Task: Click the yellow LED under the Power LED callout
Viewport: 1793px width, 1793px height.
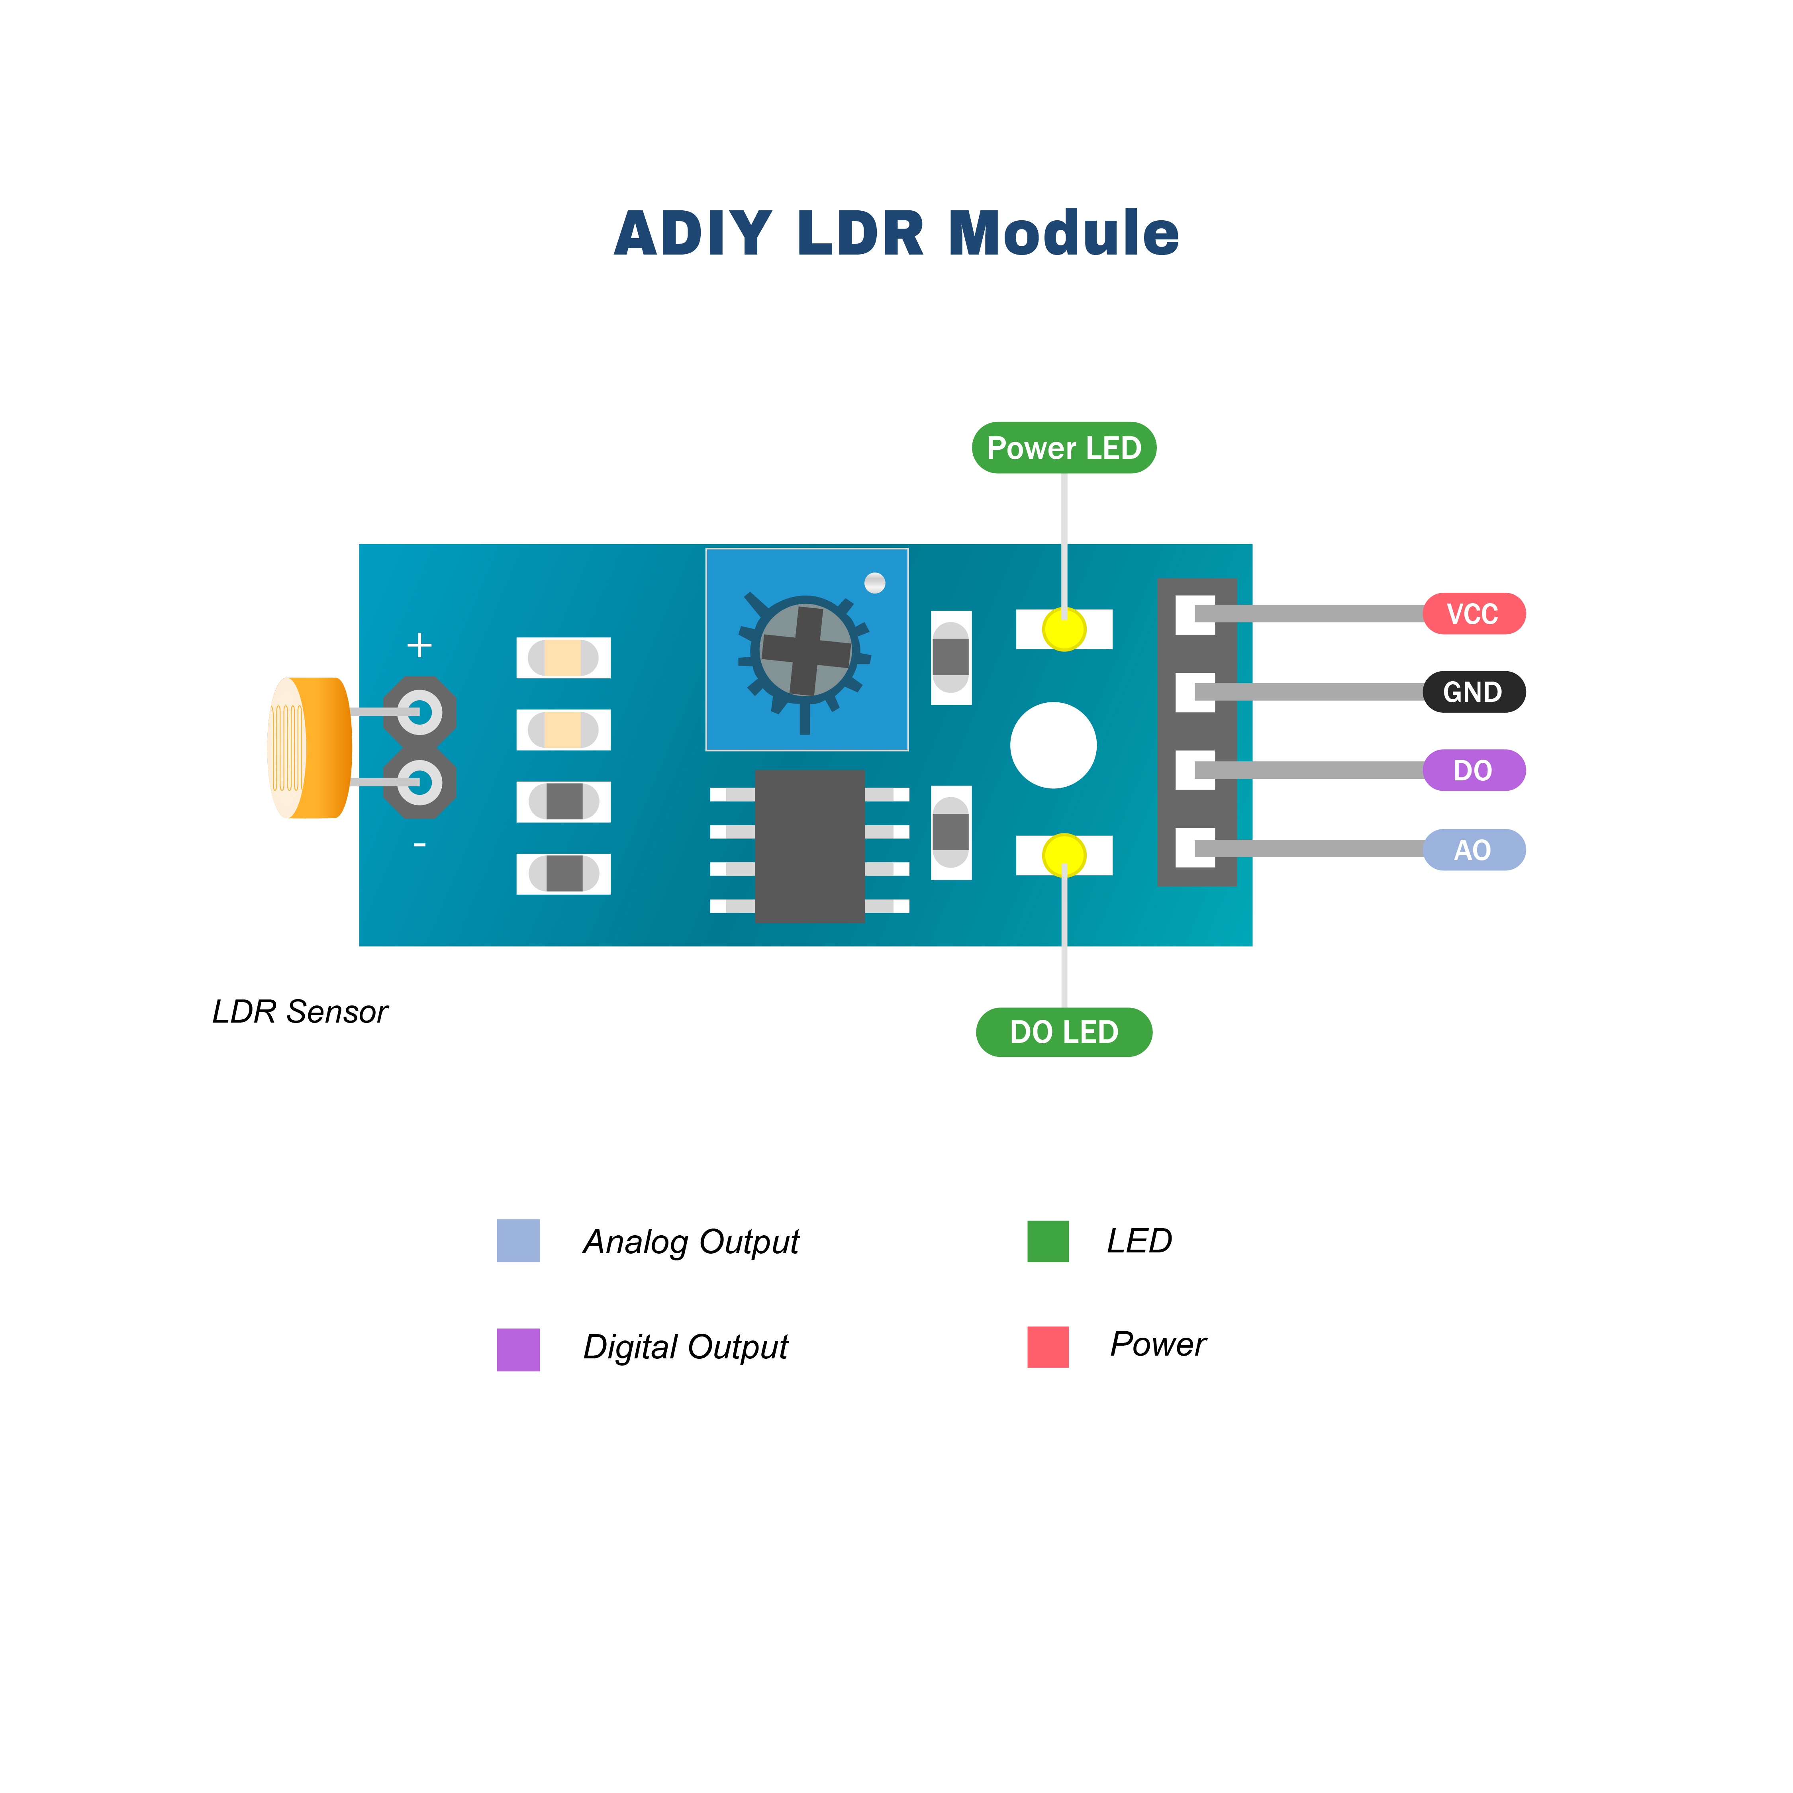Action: (1064, 629)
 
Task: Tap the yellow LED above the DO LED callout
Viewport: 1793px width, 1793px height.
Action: (1064, 855)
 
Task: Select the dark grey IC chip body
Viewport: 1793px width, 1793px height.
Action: (809, 847)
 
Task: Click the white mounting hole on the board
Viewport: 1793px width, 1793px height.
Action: (1053, 745)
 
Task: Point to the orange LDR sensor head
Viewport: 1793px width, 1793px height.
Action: (311, 748)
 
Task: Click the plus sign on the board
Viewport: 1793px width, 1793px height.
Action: (419, 645)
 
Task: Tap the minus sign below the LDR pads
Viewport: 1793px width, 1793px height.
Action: (419, 845)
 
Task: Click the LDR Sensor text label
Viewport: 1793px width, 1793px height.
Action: (300, 1011)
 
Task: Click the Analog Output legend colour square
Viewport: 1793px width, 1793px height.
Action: (518, 1241)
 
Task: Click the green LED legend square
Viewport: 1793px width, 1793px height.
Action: (1048, 1241)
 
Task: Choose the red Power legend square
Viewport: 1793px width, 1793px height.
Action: (1048, 1346)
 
